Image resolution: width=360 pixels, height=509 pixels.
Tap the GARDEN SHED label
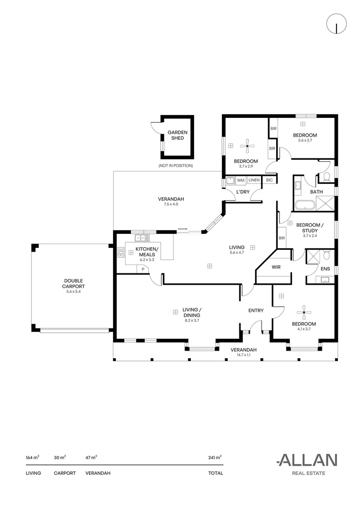pyautogui.click(x=177, y=135)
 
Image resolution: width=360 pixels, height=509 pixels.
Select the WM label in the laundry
pyautogui.click(x=240, y=180)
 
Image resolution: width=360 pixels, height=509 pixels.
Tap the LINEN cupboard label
pyautogui.click(x=254, y=180)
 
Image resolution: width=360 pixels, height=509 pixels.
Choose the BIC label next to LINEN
pyautogui.click(x=269, y=180)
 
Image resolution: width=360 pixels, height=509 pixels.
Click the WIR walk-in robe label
pyautogui.click(x=276, y=267)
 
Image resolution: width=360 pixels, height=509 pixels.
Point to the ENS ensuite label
pyautogui.click(x=325, y=269)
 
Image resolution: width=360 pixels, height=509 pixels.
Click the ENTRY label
pyautogui.click(x=256, y=311)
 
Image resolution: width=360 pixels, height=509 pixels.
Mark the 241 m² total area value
pyautogui.click(x=215, y=457)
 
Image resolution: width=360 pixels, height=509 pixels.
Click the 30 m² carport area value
pyautogui.click(x=60, y=457)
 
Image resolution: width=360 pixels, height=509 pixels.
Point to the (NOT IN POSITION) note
pyautogui.click(x=176, y=166)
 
